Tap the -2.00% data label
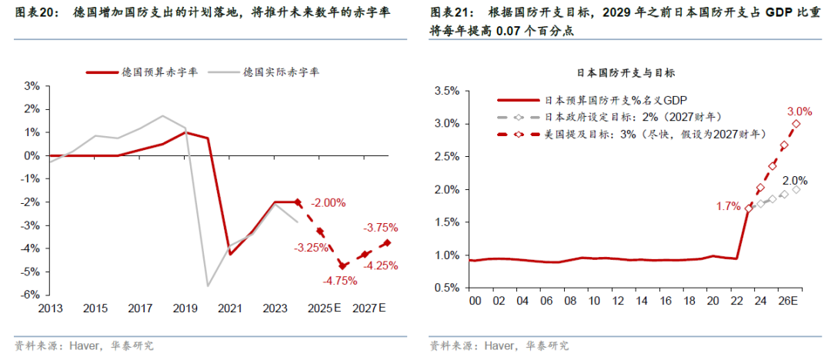point(329,203)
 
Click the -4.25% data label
point(382,265)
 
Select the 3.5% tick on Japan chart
point(447,91)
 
